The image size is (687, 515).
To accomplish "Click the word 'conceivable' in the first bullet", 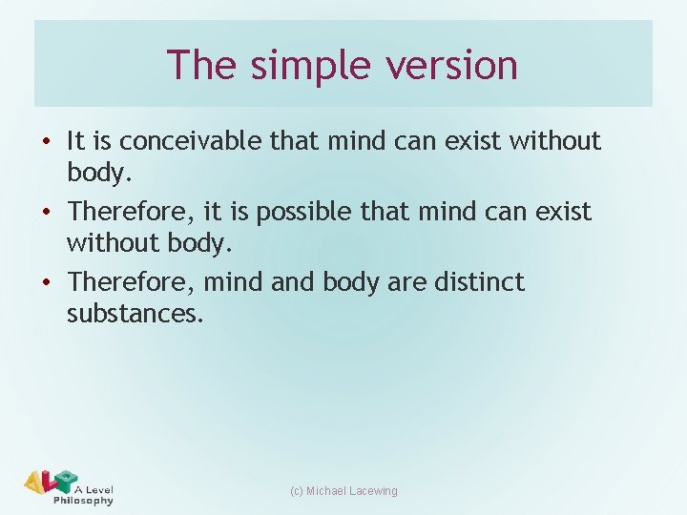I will tap(182, 141).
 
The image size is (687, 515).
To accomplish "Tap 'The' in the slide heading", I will tap(200, 65).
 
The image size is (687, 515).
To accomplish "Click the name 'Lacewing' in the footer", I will tap(374, 491).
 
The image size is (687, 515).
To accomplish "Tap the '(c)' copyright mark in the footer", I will tap(296, 491).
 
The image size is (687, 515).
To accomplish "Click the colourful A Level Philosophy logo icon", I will tap(50, 483).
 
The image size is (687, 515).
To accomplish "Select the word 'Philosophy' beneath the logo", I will tap(84, 501).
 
